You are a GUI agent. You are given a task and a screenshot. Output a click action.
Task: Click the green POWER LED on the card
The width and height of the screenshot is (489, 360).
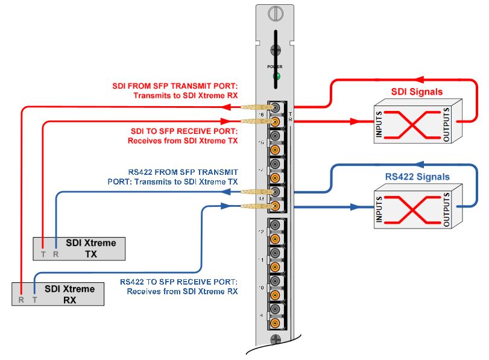point(277,76)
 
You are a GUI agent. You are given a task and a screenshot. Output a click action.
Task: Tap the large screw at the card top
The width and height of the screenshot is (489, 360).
point(276,11)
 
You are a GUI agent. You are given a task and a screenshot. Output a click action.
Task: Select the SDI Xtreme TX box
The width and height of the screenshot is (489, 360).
point(79,248)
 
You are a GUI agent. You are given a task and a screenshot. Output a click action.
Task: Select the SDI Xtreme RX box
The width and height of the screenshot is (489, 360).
point(57,294)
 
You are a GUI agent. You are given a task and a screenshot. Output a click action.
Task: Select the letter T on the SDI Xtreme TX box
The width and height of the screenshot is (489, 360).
point(43,254)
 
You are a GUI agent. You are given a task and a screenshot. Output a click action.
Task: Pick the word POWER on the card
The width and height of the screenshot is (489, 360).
point(276,66)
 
